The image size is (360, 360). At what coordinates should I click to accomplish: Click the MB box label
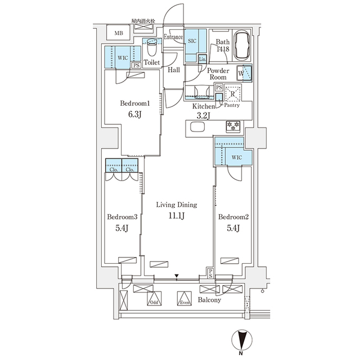click(119, 34)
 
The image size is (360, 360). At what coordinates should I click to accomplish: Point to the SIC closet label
click(192, 40)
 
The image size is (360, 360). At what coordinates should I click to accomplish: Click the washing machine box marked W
click(242, 73)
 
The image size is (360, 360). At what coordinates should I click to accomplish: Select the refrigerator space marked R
click(233, 94)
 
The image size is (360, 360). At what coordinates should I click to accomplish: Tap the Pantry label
click(232, 105)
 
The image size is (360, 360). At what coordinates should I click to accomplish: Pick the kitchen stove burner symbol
click(232, 125)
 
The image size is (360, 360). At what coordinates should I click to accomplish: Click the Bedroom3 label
click(122, 217)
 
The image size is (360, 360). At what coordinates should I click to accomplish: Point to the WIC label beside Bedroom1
click(123, 57)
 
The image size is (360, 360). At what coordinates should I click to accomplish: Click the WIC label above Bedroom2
click(236, 157)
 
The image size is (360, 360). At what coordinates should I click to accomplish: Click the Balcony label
click(209, 300)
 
